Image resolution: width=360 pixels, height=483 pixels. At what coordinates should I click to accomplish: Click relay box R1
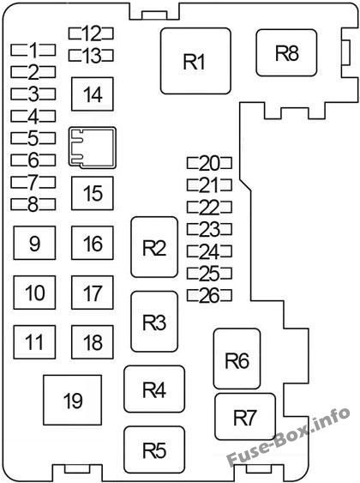(x=195, y=61)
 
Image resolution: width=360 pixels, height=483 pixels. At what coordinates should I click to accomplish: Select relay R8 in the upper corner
(x=286, y=52)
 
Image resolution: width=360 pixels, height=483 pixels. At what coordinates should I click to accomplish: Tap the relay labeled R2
(x=154, y=247)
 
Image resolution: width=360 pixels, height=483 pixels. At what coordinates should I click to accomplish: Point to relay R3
(x=154, y=321)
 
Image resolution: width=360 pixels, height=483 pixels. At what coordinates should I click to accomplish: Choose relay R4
(x=154, y=389)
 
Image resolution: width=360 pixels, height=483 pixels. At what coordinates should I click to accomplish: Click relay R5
(x=154, y=450)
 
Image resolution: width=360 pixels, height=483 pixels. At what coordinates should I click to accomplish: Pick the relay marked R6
(x=237, y=359)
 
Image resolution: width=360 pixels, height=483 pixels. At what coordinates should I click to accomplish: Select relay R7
(x=245, y=416)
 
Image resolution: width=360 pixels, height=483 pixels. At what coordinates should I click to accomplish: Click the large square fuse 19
(x=73, y=400)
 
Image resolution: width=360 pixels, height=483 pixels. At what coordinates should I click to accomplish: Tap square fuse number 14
(x=93, y=94)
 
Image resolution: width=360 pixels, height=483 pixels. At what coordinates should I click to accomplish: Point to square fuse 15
(x=93, y=193)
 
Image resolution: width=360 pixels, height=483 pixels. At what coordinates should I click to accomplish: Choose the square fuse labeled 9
(x=34, y=243)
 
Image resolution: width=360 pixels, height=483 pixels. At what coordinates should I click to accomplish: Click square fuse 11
(x=34, y=342)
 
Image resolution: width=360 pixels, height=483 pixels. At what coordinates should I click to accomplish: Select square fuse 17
(x=93, y=293)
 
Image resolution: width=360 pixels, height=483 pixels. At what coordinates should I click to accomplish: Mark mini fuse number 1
(x=33, y=50)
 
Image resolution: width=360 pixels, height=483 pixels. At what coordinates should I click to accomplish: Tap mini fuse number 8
(x=33, y=204)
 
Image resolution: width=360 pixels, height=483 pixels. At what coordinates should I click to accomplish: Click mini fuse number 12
(x=91, y=33)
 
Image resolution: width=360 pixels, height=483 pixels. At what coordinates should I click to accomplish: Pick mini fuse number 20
(x=209, y=163)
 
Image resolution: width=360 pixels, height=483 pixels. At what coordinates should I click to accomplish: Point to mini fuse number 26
(x=209, y=295)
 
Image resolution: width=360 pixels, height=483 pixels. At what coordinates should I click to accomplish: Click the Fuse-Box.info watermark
(x=288, y=437)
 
